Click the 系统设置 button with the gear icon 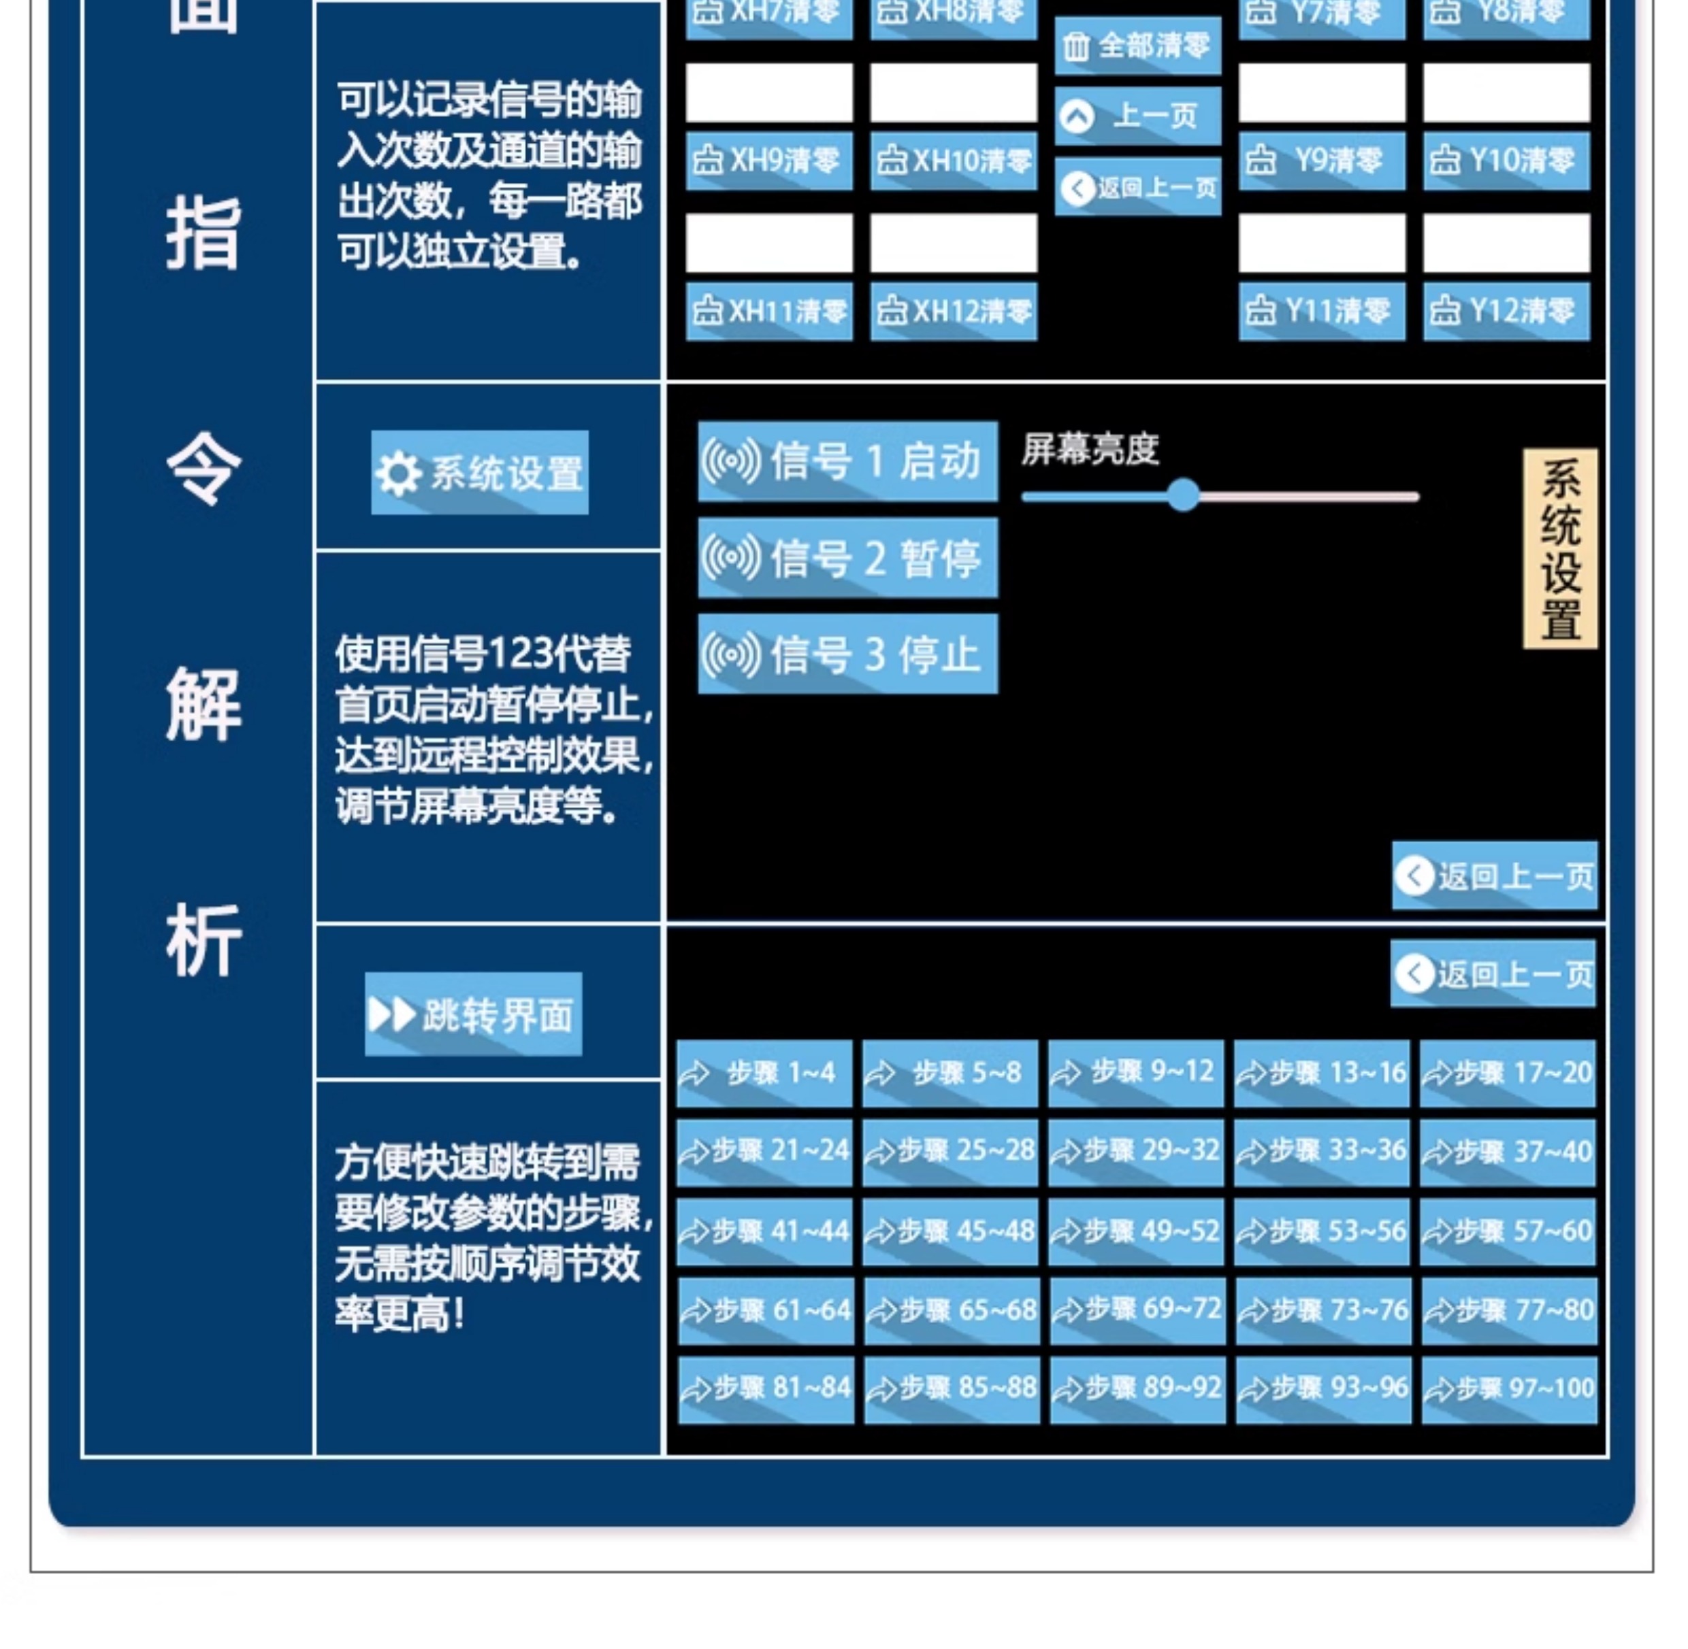point(479,473)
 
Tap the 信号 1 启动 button point(847,461)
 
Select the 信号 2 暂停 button point(847,558)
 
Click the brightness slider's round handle point(1183,495)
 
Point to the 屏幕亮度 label point(1089,448)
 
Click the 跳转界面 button point(473,1014)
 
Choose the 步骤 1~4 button point(764,1073)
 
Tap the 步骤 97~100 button point(1508,1388)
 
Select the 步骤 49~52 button point(1136,1231)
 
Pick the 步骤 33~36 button point(1321,1151)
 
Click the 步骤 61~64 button point(765,1310)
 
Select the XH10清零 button point(953,161)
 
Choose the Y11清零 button point(1321,311)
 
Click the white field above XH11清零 point(768,244)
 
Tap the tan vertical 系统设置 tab point(1560,548)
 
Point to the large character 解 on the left point(203,703)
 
